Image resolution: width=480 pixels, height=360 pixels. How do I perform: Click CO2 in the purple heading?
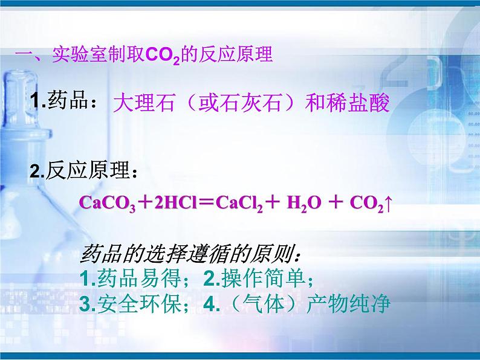click(163, 56)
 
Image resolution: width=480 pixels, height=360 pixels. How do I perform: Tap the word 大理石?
click(144, 103)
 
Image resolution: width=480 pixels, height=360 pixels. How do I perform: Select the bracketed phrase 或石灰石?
click(240, 103)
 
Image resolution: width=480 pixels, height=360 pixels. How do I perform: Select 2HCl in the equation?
click(175, 202)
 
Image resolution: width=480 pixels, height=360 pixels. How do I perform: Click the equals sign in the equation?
click(206, 203)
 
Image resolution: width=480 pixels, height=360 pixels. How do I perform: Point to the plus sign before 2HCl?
click(145, 203)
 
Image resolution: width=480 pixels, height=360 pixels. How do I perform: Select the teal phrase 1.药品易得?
click(130, 278)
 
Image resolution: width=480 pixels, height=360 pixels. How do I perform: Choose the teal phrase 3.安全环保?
click(130, 304)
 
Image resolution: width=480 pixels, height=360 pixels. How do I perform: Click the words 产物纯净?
click(348, 304)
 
